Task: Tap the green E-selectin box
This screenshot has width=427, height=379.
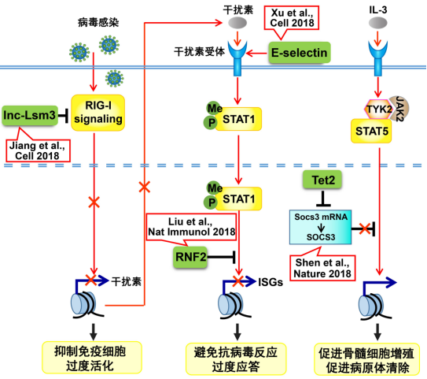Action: pyautogui.click(x=297, y=53)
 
